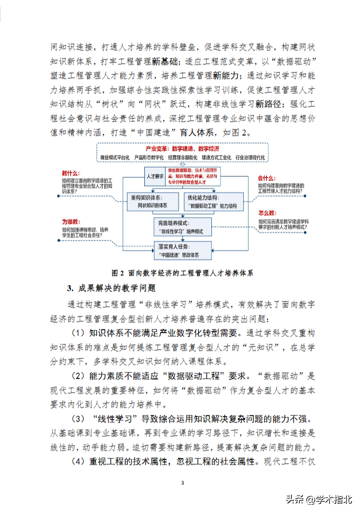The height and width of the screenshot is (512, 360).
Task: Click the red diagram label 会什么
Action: click(266, 178)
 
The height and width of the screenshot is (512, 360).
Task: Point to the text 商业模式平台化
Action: click(114, 157)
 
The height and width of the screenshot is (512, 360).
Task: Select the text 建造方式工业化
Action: click(216, 157)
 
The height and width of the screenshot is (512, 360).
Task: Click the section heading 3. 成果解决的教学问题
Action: click(112, 288)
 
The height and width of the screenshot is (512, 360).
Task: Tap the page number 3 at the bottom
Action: click(182, 483)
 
